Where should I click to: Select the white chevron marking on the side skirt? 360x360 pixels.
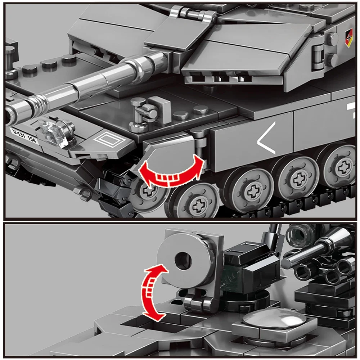click(266, 138)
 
